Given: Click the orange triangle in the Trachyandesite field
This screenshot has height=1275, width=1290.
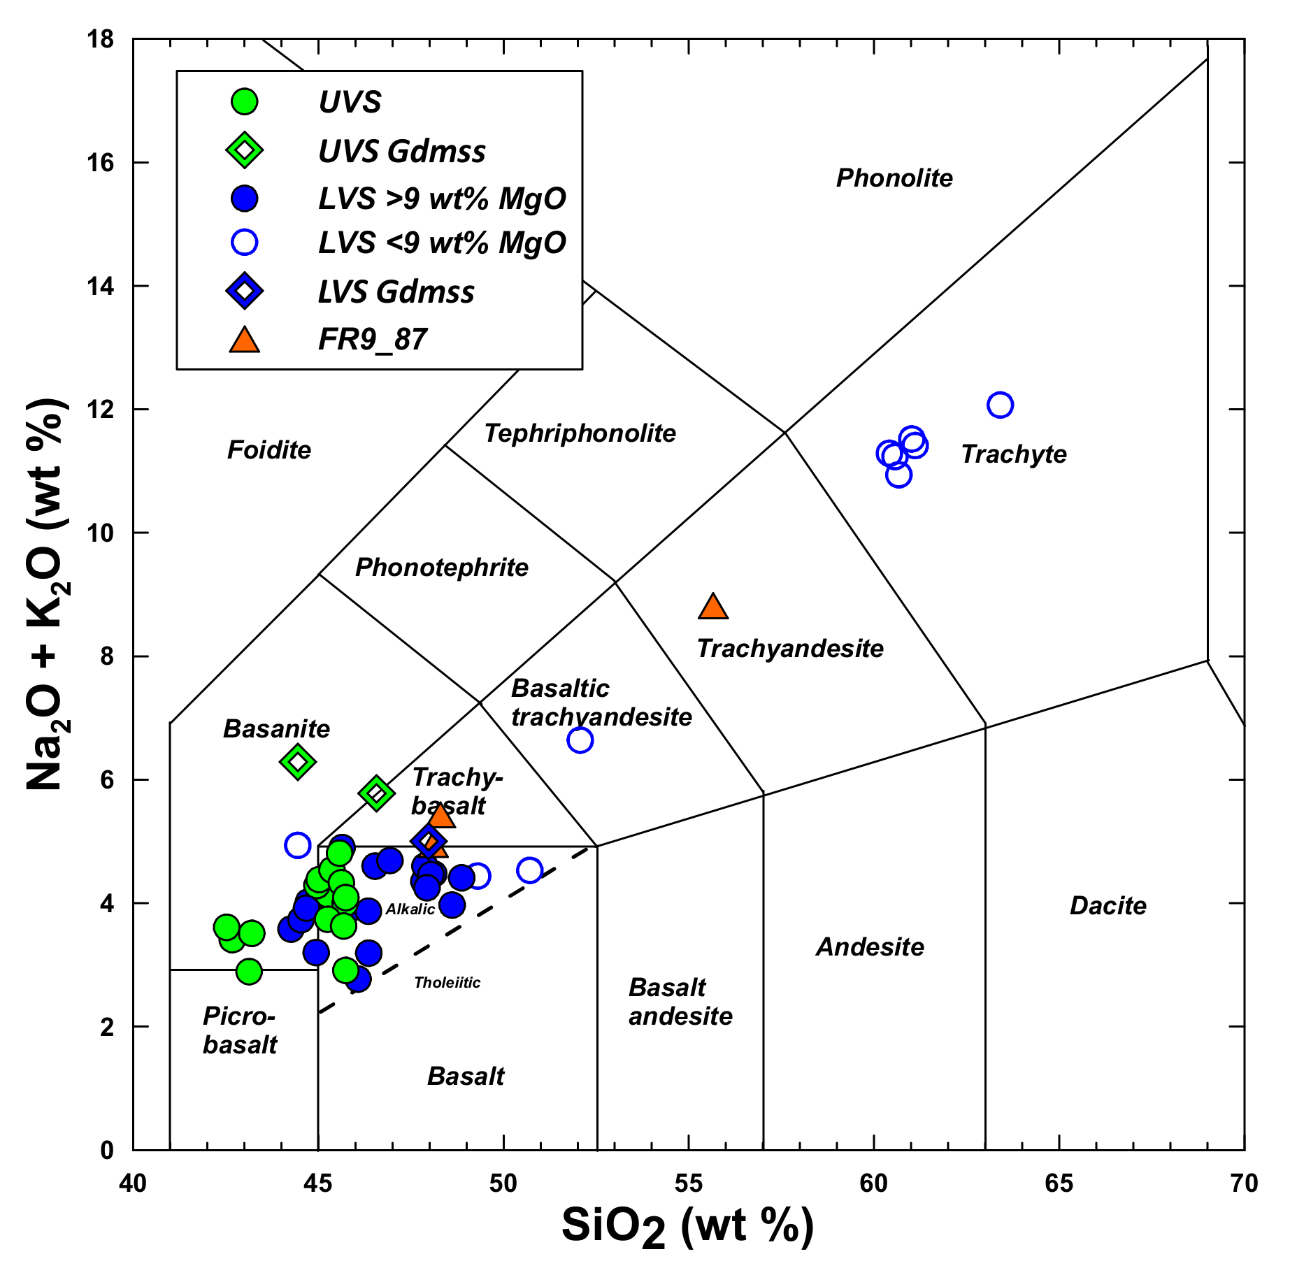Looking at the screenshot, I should coord(712,607).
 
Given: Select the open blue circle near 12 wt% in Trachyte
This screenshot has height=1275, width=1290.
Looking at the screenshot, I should coord(1000,405).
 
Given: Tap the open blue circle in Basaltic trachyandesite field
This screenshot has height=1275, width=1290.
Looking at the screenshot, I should coord(580,740).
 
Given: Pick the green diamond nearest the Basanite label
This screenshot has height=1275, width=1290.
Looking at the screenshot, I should coord(298,761).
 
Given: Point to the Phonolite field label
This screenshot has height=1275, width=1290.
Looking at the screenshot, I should coord(894,178).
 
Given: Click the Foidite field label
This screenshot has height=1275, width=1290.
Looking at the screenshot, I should coord(269,449).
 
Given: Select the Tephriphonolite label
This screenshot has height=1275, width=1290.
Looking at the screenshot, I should coord(580,433).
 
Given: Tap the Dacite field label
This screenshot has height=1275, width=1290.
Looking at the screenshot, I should coord(1108,906).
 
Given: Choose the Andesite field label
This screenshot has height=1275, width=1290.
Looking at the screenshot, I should coord(870,947).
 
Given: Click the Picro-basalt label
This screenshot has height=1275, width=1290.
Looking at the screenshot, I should coord(240,1030).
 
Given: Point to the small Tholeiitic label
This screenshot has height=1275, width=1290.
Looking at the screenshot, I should coord(447,983).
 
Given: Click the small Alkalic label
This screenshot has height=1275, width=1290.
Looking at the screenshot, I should coord(410,909).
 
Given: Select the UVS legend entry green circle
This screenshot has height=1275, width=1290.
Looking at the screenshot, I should coord(245,102).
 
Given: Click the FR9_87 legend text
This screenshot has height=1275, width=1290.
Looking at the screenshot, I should coord(372,340).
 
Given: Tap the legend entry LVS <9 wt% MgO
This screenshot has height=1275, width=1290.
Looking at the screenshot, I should coord(442,243).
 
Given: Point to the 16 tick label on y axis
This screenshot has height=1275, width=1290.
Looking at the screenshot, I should coord(99,163).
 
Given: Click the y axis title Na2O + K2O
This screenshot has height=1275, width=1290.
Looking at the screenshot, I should coord(48,594).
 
